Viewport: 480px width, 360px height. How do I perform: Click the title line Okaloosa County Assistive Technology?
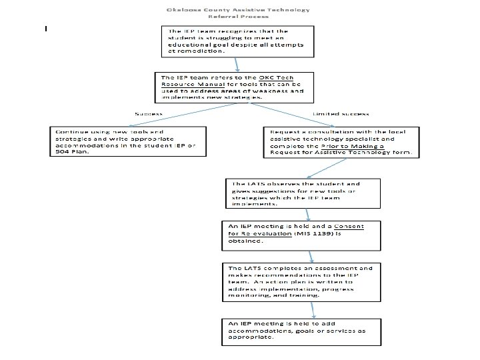click(239, 9)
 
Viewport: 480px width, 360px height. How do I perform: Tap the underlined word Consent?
click(349, 226)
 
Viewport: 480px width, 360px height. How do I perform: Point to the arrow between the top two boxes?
click(237, 63)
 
